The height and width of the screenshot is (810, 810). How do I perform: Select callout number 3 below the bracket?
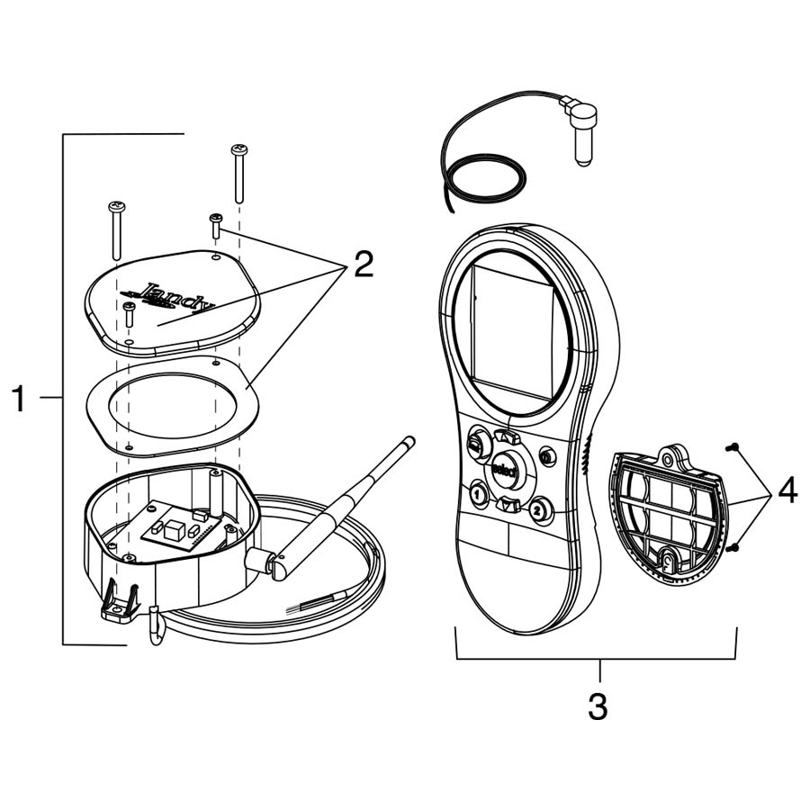point(598,706)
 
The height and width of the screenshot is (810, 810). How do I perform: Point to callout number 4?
point(787,491)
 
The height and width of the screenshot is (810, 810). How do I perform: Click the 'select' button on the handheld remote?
point(503,469)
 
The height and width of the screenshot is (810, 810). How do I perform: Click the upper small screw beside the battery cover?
point(733,447)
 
